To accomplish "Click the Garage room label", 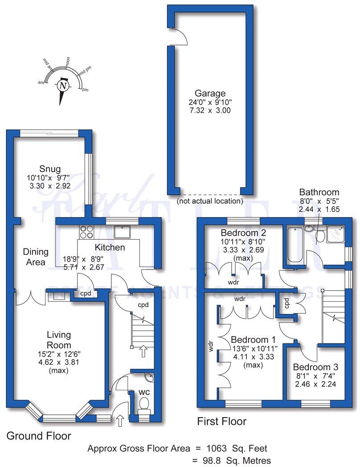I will [x=210, y=94].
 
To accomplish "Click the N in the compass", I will [x=63, y=85].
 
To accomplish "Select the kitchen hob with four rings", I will [x=86, y=232].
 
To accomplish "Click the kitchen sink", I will [x=122, y=231].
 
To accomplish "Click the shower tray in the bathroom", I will [x=336, y=233].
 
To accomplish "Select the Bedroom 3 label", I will [x=315, y=367].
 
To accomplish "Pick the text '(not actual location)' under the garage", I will [x=210, y=201].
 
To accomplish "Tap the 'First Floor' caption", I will [x=221, y=421].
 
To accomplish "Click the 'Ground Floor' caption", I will [x=38, y=435].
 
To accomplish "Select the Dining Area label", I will [x=34, y=257].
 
